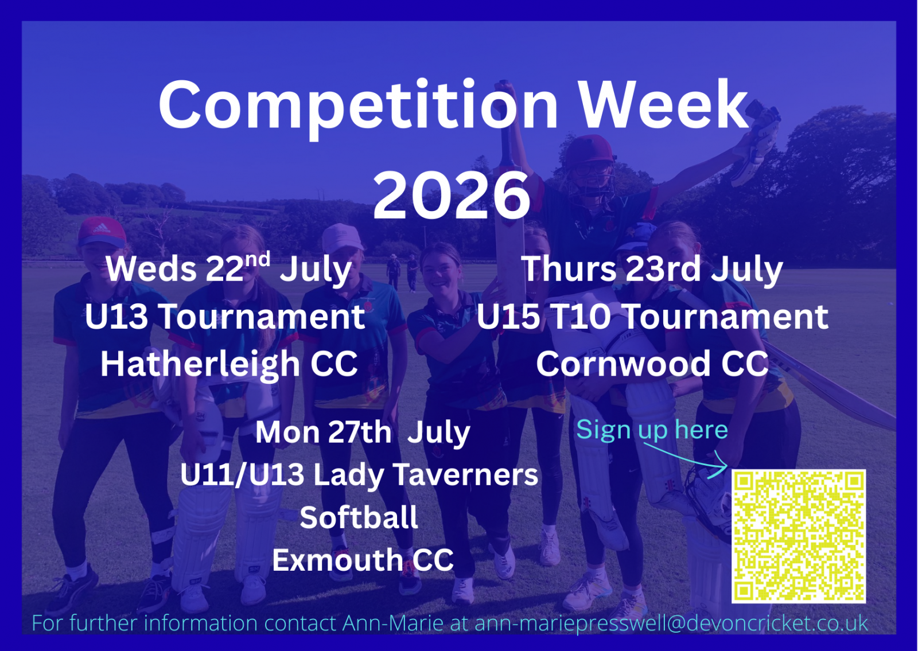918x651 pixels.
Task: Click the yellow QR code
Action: click(799, 536)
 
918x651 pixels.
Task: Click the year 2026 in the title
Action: click(452, 196)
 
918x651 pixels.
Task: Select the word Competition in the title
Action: click(358, 107)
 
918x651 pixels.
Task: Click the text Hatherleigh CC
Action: click(229, 364)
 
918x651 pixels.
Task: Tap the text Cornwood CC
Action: click(652, 364)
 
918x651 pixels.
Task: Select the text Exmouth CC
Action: click(363, 560)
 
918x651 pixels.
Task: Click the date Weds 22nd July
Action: click(229, 269)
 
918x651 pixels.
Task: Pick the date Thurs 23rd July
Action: click(652, 270)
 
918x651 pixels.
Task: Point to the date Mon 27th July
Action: click(363, 433)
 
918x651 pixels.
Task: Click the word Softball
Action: click(359, 517)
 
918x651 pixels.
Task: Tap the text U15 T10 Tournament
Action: click(652, 317)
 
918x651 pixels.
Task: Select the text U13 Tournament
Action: click(225, 317)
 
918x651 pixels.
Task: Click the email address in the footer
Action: click(671, 623)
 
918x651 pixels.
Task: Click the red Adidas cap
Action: click(102, 232)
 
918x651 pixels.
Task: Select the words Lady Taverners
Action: click(425, 475)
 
